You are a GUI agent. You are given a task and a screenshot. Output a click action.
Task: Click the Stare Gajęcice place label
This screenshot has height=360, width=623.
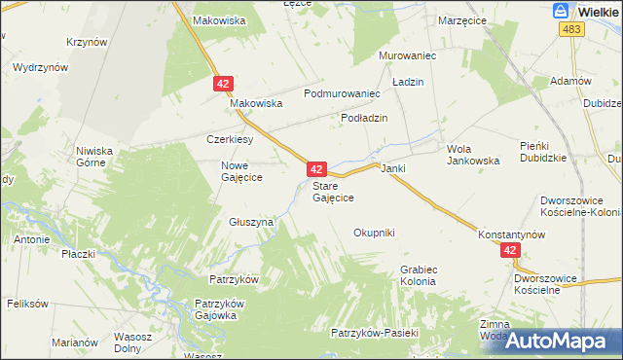click(x=332, y=191)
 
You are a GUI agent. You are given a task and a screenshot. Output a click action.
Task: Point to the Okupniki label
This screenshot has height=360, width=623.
click(x=374, y=233)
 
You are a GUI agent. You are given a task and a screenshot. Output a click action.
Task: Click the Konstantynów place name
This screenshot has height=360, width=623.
click(x=510, y=235)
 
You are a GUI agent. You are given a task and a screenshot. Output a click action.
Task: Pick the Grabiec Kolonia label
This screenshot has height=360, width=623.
click(x=418, y=274)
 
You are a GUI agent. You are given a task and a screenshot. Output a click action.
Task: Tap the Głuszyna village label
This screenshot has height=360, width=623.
click(x=251, y=222)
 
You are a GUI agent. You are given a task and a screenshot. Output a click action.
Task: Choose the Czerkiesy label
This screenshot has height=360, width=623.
click(x=230, y=139)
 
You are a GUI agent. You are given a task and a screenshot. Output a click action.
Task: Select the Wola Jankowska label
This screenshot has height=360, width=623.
click(x=472, y=155)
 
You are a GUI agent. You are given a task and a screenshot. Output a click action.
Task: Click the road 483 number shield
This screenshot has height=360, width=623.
click(x=570, y=30)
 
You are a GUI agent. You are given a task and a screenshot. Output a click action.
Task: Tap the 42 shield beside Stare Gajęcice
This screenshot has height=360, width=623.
click(x=315, y=169)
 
